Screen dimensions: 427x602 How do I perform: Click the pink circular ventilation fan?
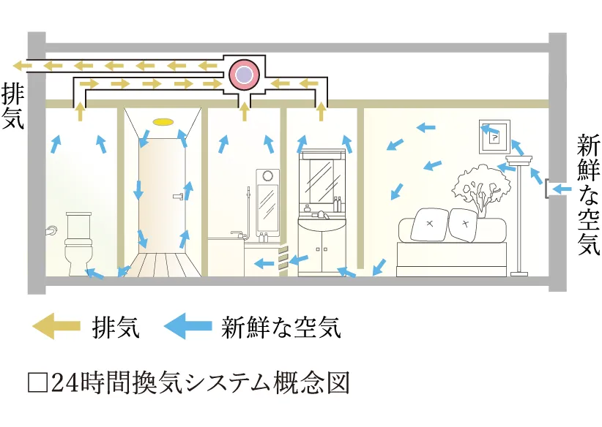[x=242, y=74]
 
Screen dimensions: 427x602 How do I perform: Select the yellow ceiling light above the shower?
[x=163, y=121]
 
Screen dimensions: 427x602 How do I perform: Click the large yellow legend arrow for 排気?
[x=55, y=327]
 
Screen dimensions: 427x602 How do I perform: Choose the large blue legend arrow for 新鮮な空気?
[x=186, y=327]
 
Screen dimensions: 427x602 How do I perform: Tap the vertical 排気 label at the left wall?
[x=13, y=107]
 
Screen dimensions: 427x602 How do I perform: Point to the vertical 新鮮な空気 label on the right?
[x=588, y=194]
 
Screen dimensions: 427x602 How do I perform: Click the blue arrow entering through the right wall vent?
[x=562, y=190]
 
